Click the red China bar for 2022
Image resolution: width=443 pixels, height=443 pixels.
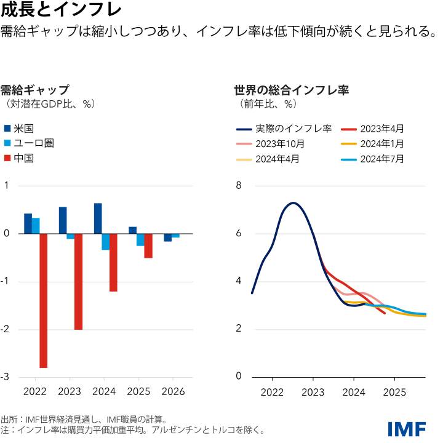pos(44,300)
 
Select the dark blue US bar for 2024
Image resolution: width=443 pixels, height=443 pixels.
pos(98,218)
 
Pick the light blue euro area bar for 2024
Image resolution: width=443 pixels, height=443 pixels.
pos(106,242)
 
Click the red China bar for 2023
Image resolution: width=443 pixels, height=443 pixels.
pos(79,281)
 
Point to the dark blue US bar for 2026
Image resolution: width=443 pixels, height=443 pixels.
pos(167,237)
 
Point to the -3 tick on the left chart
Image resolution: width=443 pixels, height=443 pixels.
pos(6,377)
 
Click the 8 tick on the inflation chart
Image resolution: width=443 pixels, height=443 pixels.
pos(239,186)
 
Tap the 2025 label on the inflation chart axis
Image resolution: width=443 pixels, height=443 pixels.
pos(394,391)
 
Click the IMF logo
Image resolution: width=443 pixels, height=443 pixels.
pos(407,428)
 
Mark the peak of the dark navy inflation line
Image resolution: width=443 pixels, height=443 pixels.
pos(293,202)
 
